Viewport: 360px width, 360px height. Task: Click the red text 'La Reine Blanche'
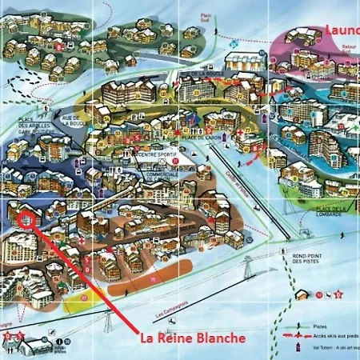click(x=193, y=338)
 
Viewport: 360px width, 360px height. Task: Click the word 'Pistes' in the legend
click(x=320, y=326)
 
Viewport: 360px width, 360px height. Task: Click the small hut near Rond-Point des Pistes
click(x=302, y=294)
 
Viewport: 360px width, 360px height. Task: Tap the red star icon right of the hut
click(x=338, y=294)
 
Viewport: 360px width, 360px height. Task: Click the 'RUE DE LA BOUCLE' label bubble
click(x=202, y=74)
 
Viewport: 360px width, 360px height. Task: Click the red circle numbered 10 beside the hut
click(x=319, y=294)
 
